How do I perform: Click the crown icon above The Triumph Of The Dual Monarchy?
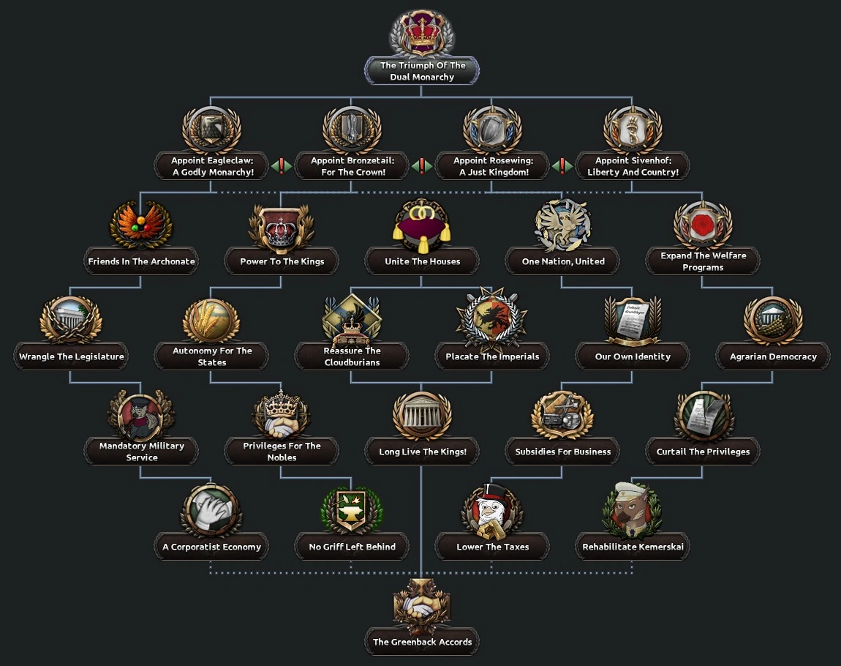422,34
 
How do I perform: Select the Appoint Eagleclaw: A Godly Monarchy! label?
212,166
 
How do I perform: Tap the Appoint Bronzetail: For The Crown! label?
352,166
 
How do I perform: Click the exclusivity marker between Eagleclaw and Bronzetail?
282,166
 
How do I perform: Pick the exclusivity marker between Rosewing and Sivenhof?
562,166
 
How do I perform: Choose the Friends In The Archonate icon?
141,225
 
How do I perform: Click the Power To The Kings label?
282,261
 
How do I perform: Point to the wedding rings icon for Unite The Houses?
422,222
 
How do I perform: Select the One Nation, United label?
563,261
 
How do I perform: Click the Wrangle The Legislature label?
72,356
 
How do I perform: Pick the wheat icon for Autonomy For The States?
211,320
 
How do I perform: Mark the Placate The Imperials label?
492,356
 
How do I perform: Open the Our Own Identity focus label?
633,356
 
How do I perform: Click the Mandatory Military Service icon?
141,415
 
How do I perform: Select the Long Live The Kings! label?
423,452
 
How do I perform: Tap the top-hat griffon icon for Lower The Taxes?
492,510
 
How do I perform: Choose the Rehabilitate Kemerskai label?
633,547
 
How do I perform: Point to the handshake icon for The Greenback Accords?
422,605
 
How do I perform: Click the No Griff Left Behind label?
352,547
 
